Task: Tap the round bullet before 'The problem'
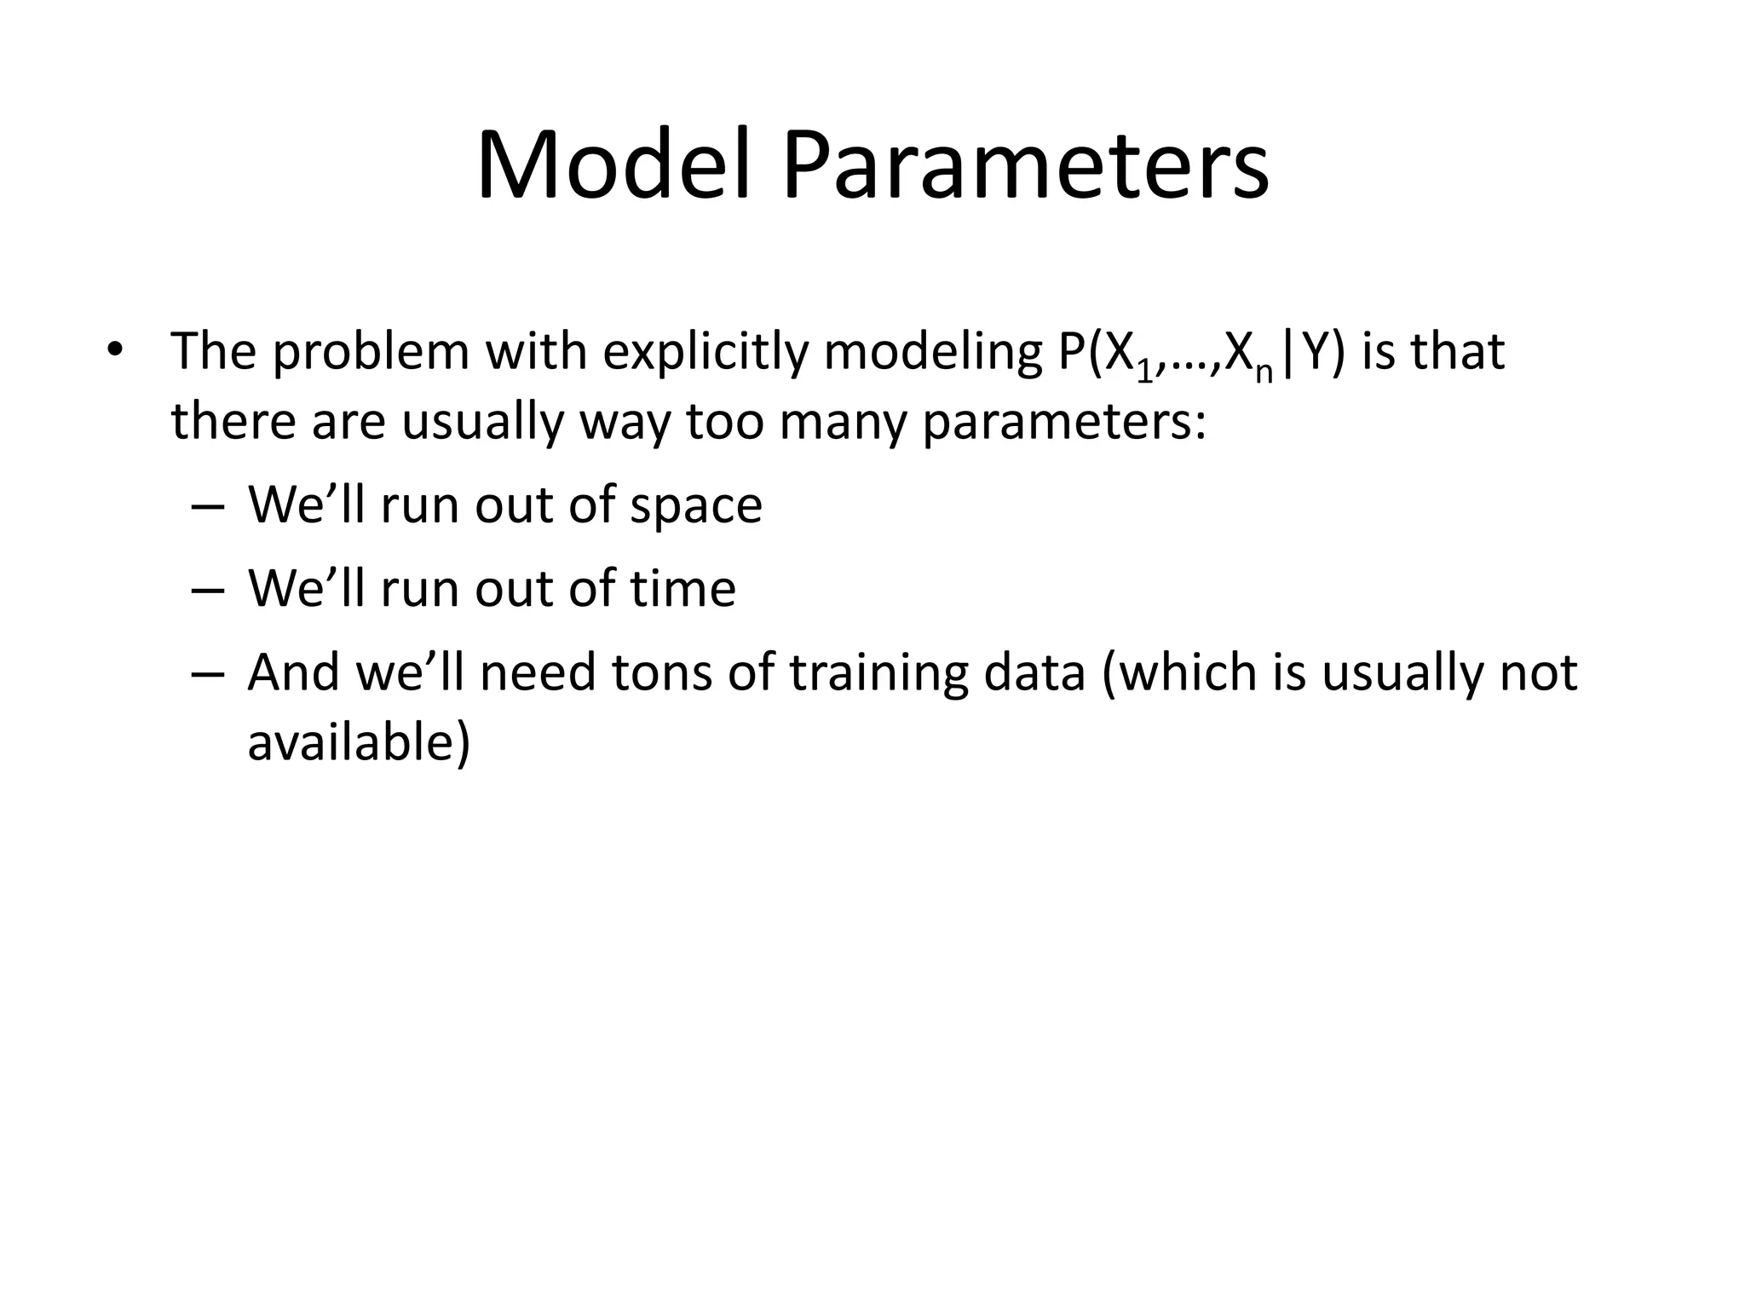click(115, 350)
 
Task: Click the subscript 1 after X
click(1144, 372)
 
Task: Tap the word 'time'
click(682, 589)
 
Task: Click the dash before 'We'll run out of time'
click(208, 590)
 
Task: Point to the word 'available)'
click(359, 741)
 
